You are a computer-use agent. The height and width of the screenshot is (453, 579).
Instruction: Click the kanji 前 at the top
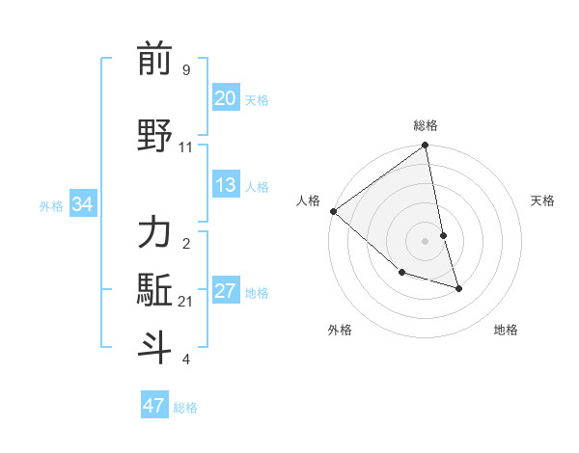[154, 60]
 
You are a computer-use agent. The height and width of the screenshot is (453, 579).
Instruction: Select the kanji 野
[154, 134]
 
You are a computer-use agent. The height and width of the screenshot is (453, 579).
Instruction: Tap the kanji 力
[154, 233]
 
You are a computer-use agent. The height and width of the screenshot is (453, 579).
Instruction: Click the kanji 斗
[154, 346]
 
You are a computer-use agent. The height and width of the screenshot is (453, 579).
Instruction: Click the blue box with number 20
[225, 98]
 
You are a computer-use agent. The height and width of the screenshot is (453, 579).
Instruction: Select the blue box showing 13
[225, 186]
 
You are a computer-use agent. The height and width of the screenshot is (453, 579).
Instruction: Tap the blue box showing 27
[225, 292]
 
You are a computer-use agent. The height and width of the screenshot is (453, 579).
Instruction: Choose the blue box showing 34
[82, 205]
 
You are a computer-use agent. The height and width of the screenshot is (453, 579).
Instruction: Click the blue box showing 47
[153, 406]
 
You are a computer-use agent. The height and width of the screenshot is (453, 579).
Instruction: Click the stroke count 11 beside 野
[186, 147]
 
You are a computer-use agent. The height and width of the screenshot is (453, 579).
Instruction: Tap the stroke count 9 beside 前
[186, 70]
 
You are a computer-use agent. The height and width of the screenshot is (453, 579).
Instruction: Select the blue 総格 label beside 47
[185, 408]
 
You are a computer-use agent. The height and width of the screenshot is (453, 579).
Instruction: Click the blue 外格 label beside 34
[51, 206]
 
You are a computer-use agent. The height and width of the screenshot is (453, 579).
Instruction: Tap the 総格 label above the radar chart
[426, 125]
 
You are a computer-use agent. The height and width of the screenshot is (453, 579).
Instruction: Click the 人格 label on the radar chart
[309, 200]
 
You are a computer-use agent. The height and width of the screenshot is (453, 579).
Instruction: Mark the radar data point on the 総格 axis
[426, 147]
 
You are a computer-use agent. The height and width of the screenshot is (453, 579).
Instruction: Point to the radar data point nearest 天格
[443, 235]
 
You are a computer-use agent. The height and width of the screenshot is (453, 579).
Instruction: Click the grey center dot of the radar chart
[426, 241]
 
